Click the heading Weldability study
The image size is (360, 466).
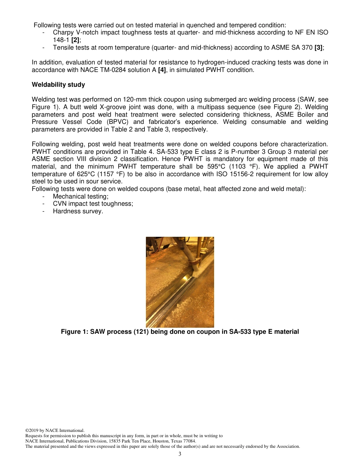coord(58,84)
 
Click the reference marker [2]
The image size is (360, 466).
coord(75,40)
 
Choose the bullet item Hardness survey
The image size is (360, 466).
coord(78,211)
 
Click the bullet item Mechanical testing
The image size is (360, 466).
coord(80,196)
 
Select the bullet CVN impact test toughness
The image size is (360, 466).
coord(93,203)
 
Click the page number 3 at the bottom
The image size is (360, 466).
coord(180,454)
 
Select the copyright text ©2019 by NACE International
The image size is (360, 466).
coord(55,430)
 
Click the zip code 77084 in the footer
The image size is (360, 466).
coord(189,441)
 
